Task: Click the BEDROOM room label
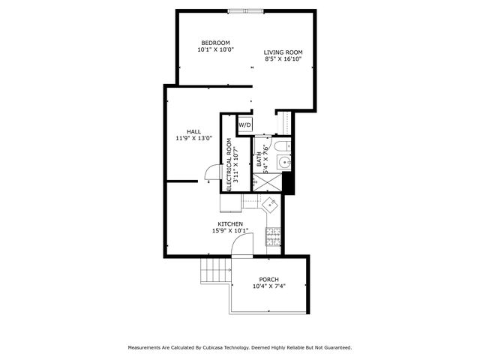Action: pos(215,43)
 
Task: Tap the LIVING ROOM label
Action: pos(283,52)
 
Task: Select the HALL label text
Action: pos(194,132)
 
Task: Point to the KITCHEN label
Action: pos(230,224)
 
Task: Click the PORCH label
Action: pos(268,280)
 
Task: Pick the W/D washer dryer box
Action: pos(245,125)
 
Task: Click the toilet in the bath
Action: pos(282,145)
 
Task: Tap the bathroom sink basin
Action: pos(284,162)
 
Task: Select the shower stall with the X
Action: pos(267,182)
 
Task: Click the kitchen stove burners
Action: pos(273,237)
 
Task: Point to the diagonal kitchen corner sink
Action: pos(270,204)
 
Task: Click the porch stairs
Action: pos(215,271)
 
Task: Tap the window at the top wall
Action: pos(245,11)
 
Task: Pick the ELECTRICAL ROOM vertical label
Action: pos(229,165)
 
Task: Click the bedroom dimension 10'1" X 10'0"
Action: pos(215,49)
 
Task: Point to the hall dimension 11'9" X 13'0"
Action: pos(194,138)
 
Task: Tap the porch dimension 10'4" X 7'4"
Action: pos(269,286)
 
